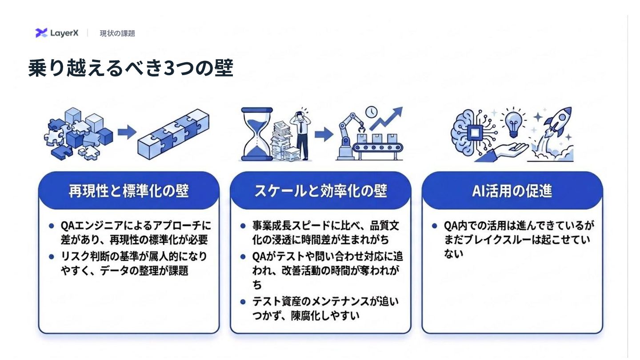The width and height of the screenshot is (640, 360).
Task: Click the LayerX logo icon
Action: (x=41, y=32)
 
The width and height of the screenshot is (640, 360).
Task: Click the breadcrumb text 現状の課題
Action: (x=117, y=33)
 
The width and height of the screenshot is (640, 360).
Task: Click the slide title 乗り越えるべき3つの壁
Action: (x=131, y=68)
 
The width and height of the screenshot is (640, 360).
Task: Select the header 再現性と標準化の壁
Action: (x=129, y=191)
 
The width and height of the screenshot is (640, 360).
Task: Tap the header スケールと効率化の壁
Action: (x=320, y=191)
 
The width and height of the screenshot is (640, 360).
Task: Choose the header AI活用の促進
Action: (x=512, y=191)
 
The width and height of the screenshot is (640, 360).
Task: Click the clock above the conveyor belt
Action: (x=372, y=111)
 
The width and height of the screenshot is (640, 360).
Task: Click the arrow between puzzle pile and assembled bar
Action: (x=127, y=132)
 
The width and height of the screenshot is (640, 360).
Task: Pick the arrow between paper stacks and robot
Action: (x=324, y=133)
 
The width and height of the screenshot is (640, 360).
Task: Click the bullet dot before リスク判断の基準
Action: (x=52, y=256)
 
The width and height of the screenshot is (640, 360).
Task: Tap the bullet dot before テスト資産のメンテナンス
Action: (x=243, y=302)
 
